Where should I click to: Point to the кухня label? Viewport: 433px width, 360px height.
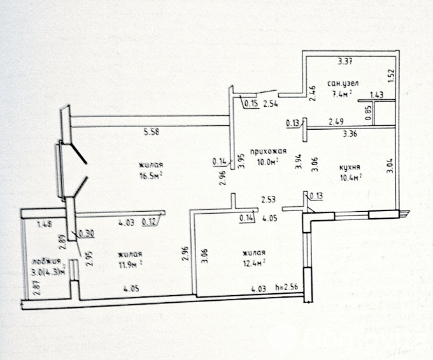351,167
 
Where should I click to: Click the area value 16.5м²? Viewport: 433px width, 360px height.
152,174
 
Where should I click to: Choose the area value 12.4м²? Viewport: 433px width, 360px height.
253,261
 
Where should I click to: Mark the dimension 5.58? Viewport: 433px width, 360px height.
152,133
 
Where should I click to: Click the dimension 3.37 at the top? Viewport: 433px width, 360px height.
344,62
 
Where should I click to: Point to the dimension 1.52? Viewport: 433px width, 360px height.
390,76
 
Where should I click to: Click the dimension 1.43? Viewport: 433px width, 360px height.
377,94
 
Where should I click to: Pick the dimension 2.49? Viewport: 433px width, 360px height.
337,121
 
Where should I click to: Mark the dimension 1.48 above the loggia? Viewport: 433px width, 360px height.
44,223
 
